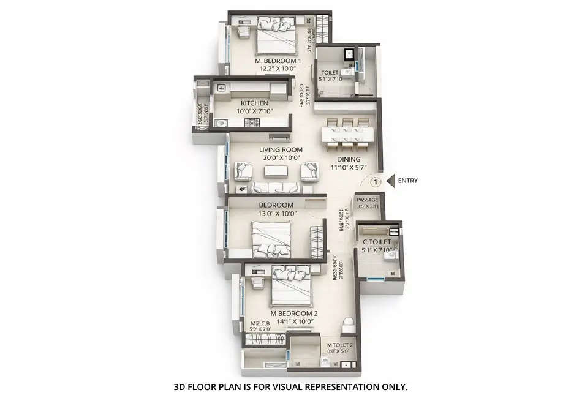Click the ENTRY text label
pos(408,181)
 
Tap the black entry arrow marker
pos(390,181)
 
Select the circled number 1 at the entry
pos(376,181)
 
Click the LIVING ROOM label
pos(281,149)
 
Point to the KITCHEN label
pos(254,103)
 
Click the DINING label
pos(347,159)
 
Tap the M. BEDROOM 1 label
pos(278,61)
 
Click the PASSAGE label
pos(368,200)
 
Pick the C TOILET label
pos(376,242)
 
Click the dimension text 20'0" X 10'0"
pos(281,157)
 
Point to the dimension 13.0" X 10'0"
pos(278,214)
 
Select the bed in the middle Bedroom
pos(271,239)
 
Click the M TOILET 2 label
pos(339,345)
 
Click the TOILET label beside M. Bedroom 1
pos(330,72)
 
